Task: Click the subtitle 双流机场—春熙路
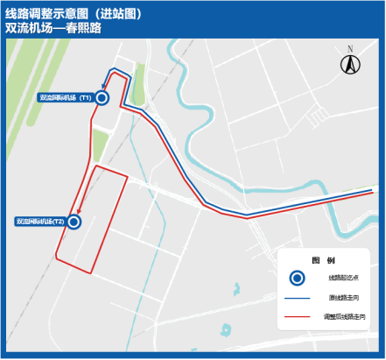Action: point(53,28)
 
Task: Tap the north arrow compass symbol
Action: point(349,65)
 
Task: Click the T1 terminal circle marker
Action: point(102,98)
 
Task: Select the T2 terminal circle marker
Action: point(74,222)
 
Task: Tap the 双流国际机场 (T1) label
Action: point(67,98)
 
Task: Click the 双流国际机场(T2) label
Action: point(40,222)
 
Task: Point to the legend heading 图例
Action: point(324,261)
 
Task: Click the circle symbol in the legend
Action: point(298,278)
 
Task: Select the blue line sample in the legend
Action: point(298,298)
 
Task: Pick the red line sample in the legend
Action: point(298,315)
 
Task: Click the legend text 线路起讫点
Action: point(344,278)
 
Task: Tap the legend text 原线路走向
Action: point(344,298)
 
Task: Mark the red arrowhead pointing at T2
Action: point(78,211)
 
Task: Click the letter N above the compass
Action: point(349,50)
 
